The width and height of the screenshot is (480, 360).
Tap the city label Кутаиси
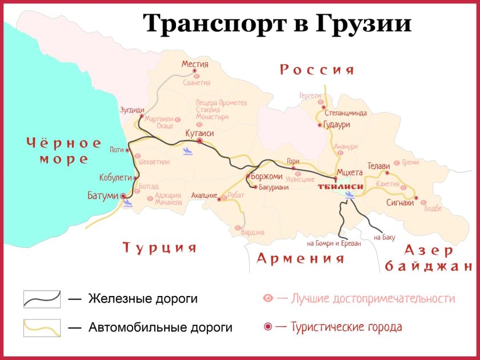pos(199,133)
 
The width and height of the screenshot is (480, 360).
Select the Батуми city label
pos(103,196)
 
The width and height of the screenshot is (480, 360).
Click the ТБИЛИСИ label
pos(341,187)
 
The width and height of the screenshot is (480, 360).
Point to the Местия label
pos(195,65)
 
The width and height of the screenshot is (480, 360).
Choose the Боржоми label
pos(267,177)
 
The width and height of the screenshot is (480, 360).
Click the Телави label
pos(379,165)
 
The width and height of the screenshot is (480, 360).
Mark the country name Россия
pos(317,70)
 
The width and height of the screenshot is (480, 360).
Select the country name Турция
pos(160,247)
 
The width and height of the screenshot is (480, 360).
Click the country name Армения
pos(301,258)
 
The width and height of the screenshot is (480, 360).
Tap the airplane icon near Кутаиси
pos(187,151)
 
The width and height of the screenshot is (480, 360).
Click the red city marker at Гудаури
pos(319,125)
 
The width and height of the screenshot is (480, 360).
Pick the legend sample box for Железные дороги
pos(42,298)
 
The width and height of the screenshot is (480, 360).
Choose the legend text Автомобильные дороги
pos(161,327)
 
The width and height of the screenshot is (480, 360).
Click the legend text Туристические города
pos(346,327)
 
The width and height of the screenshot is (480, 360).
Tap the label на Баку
pos(384,237)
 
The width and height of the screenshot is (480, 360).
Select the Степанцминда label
pos(346,113)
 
